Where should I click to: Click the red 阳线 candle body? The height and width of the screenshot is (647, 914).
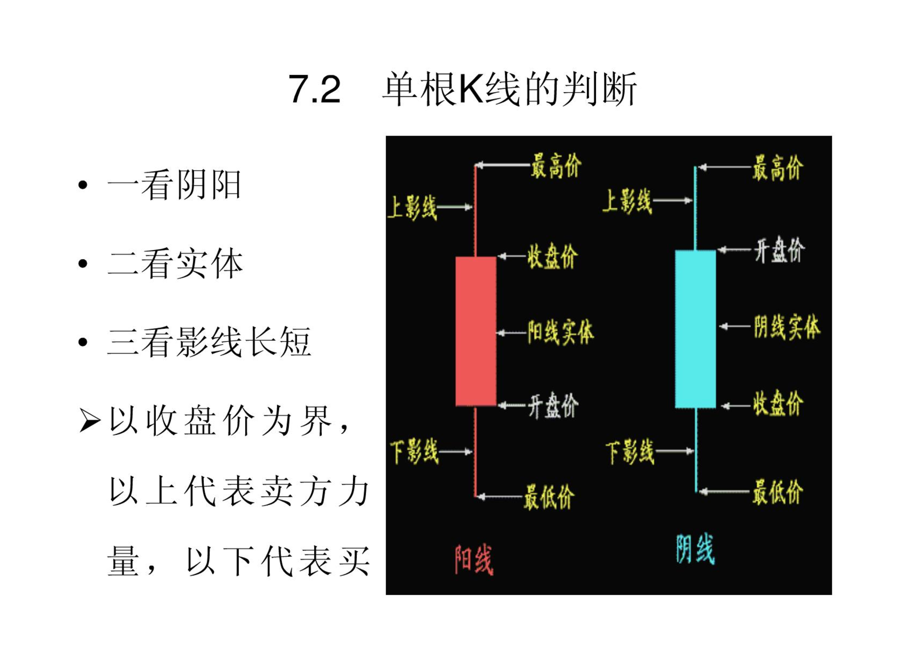tap(476, 331)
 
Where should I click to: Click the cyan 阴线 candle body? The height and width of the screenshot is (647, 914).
tap(695, 329)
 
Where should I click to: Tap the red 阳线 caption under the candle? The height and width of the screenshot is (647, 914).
tap(474, 560)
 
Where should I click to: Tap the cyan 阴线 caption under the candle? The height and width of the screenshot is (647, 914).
tap(695, 549)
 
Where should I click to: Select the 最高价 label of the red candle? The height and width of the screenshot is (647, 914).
tap(556, 166)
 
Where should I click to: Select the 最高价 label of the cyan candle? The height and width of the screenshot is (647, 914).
tap(778, 167)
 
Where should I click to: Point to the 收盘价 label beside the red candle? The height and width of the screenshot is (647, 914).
tap(552, 256)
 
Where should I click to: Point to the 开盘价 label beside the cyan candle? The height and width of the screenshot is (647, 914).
tap(779, 250)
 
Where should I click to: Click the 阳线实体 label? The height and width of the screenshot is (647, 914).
tap(560, 332)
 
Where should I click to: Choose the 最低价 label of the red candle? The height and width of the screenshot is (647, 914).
tap(549, 496)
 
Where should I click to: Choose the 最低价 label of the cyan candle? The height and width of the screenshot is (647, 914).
tap(778, 492)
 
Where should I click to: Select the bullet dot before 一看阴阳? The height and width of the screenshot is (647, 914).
tap(83, 185)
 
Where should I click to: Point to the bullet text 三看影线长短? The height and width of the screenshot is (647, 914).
tap(209, 342)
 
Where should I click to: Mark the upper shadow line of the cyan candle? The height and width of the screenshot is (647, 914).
tap(695, 208)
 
